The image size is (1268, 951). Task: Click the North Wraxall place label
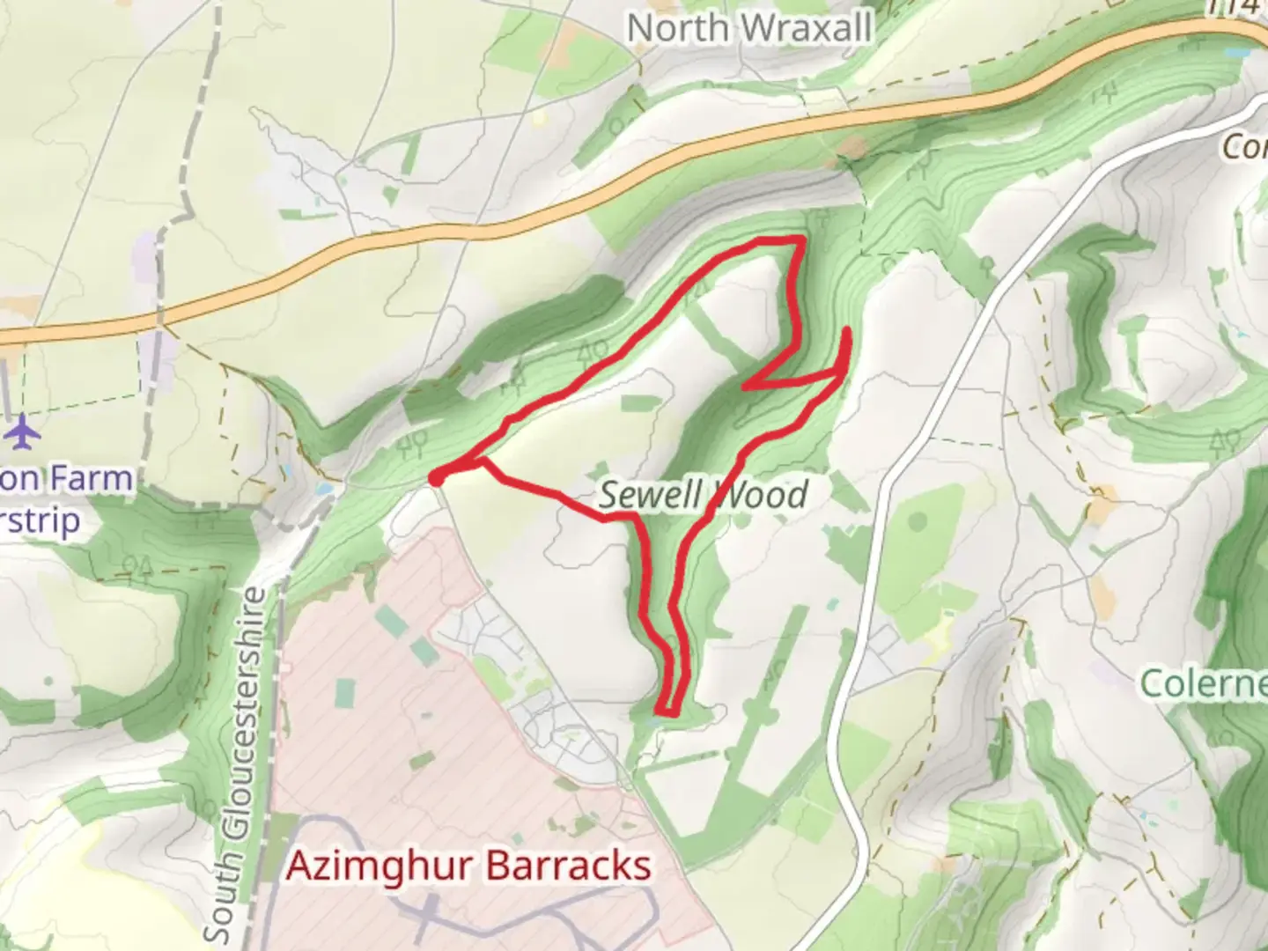(x=749, y=28)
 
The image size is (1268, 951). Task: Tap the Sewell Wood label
(x=703, y=496)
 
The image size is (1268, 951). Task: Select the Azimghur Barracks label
(x=469, y=866)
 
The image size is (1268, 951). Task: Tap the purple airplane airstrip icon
(x=22, y=432)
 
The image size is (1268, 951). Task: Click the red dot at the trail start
(x=436, y=478)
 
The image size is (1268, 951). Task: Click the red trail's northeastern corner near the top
(x=800, y=240)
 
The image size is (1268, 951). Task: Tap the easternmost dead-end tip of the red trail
(x=847, y=330)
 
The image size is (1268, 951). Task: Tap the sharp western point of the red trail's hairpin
(x=745, y=386)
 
